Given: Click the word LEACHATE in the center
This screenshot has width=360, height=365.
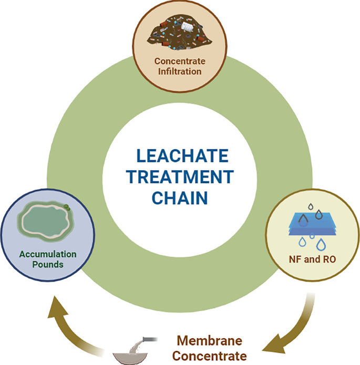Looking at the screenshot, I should [180, 157].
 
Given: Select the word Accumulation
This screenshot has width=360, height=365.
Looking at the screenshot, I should [48, 254].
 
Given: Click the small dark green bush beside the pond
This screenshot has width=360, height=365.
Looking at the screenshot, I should [67, 208].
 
